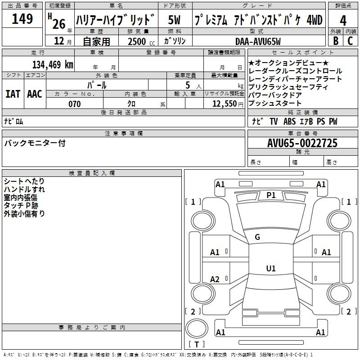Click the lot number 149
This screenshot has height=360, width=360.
22,18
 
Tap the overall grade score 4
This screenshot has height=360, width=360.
343,20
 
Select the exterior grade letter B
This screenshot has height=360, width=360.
336,40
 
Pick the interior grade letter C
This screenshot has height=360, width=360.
350,40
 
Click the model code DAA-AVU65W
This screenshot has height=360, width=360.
258,41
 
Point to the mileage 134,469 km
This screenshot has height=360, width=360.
53,65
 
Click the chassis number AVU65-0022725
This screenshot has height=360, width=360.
302,143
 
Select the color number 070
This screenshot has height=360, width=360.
75,104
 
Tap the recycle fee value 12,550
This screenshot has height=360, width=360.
225,104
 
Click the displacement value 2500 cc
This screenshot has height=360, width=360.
141,41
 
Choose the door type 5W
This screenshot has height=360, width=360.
174,20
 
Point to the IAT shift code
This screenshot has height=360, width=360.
13,94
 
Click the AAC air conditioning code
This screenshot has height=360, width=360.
35,94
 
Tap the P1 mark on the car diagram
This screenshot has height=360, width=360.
271,195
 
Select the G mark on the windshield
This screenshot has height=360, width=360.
257,237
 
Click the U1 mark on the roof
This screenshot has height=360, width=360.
271,268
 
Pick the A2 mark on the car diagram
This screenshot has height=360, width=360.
215,279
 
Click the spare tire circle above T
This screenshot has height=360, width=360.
197,329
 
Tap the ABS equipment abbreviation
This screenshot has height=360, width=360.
289,121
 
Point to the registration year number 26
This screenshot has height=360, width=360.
59,24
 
